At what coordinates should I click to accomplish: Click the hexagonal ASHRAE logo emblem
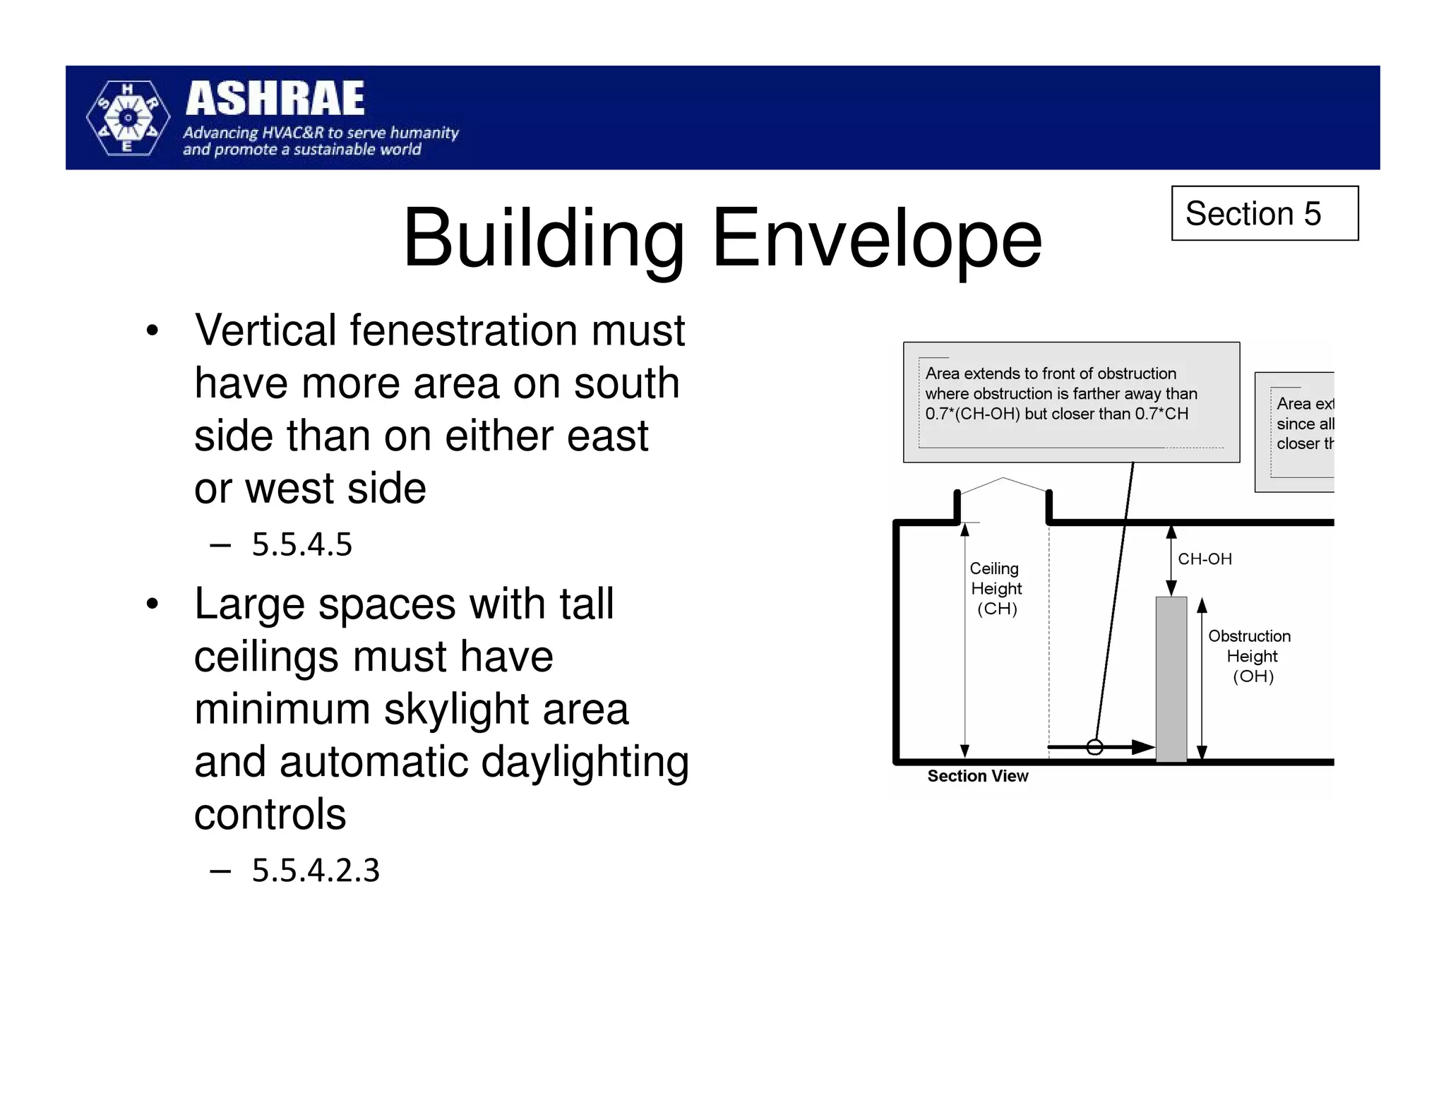click(128, 118)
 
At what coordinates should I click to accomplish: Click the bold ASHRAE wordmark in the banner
click(275, 98)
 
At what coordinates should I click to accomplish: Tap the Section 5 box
click(1264, 213)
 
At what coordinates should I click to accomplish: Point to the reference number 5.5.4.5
click(301, 544)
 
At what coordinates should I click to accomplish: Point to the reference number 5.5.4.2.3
click(316, 870)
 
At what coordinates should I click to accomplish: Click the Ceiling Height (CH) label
click(996, 588)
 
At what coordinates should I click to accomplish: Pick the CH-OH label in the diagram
click(1205, 559)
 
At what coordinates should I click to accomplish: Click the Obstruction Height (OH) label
click(1250, 656)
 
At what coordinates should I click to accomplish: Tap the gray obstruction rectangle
click(1171, 679)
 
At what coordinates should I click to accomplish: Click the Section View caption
click(977, 776)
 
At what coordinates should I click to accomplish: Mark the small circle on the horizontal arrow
click(1094, 747)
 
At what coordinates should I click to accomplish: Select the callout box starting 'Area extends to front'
click(1070, 402)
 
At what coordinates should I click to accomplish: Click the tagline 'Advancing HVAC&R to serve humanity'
click(321, 133)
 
